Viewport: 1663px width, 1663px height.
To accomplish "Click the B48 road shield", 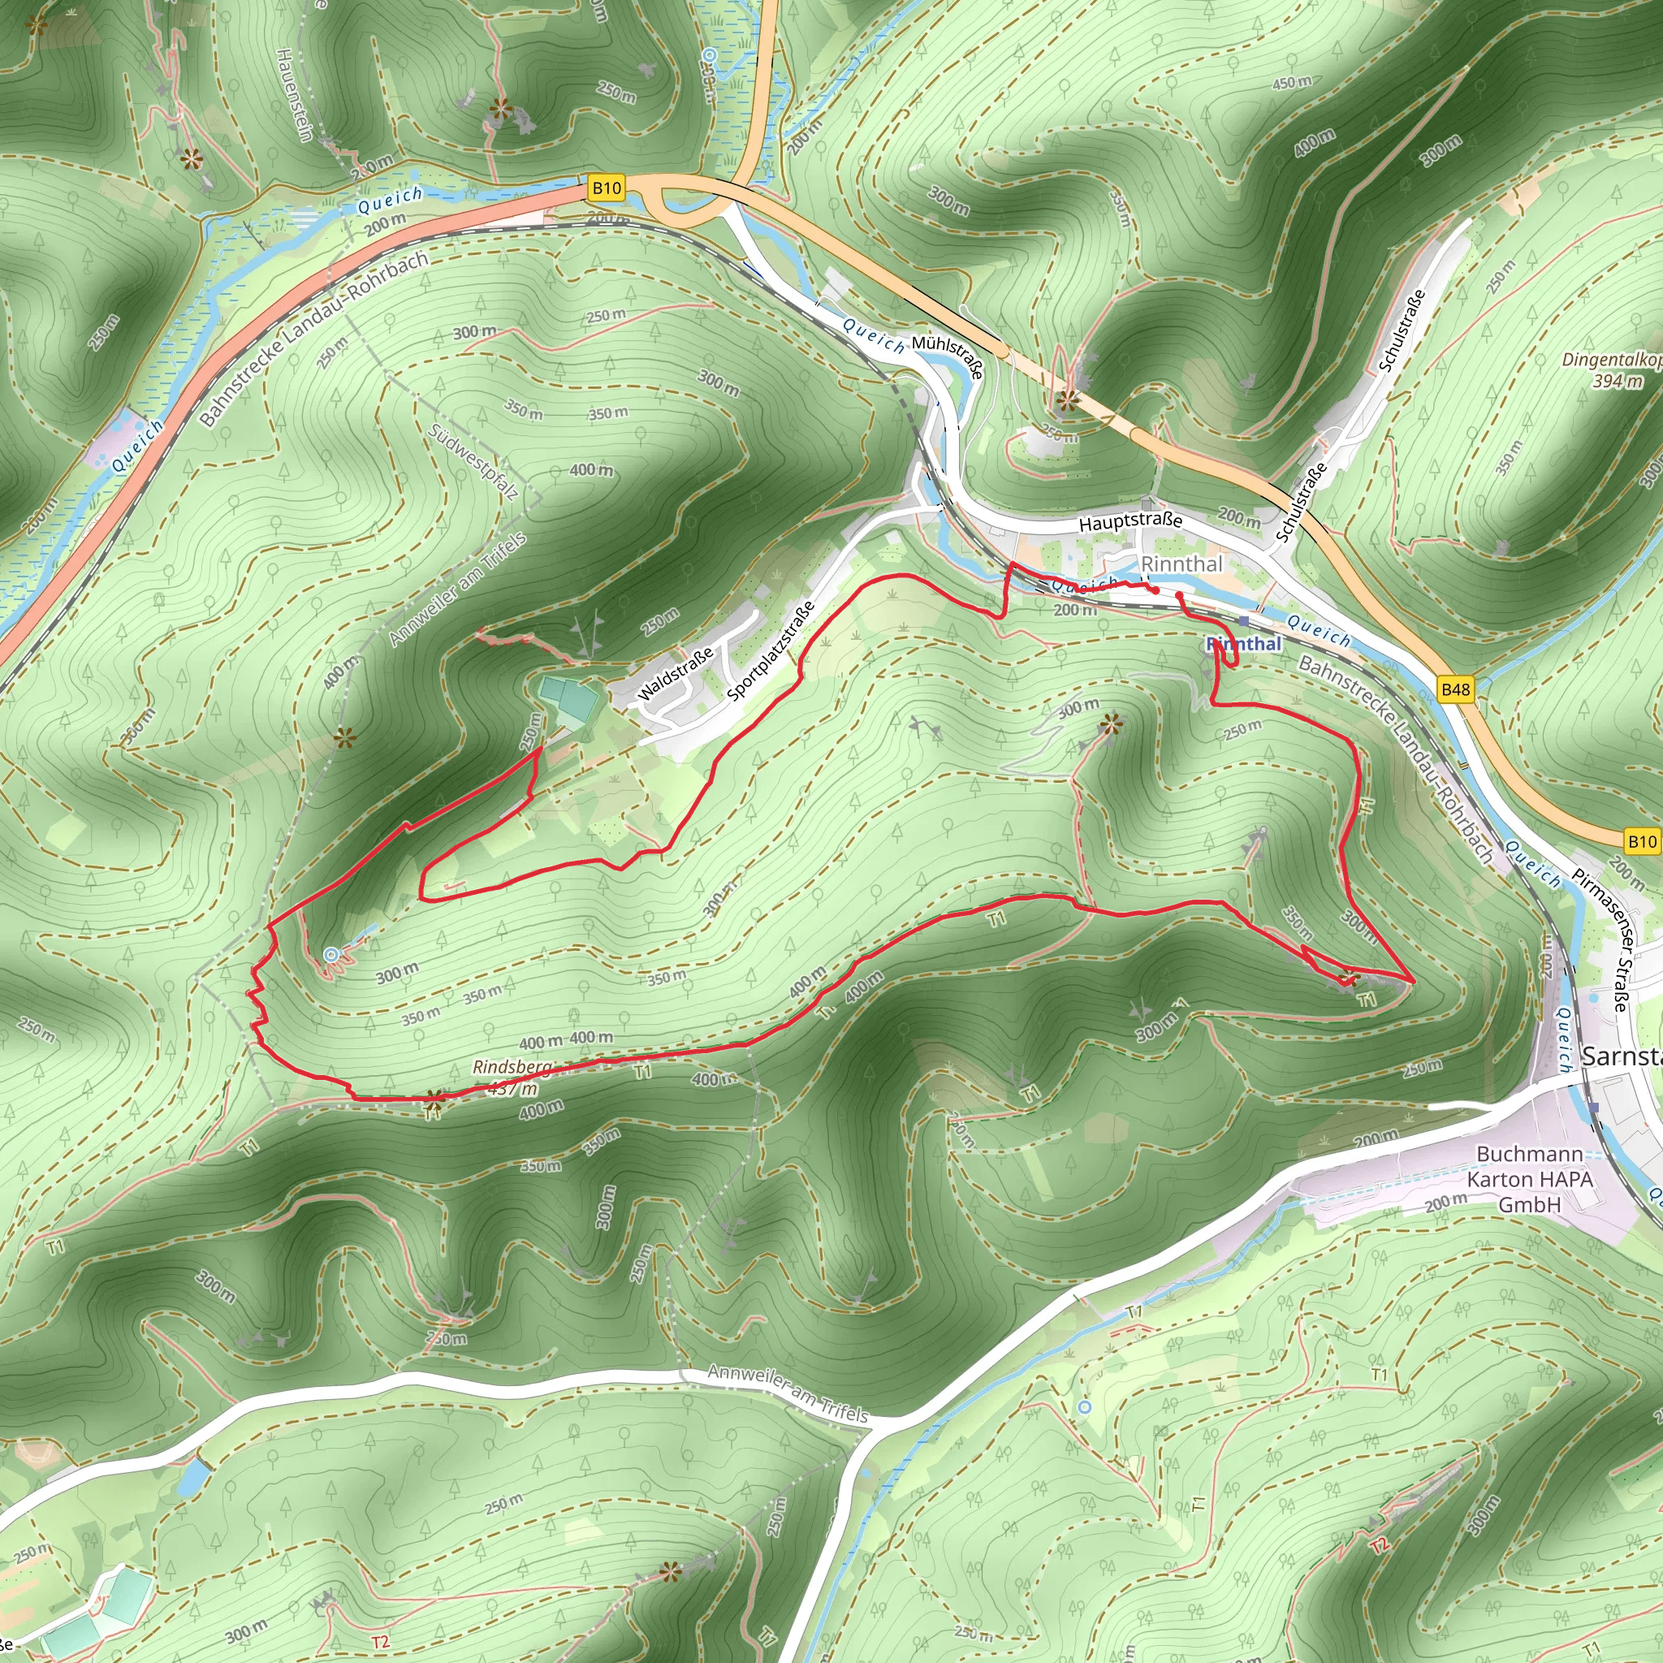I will pyautogui.click(x=1456, y=689).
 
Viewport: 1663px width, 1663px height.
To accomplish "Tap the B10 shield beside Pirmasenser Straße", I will pyautogui.click(x=1640, y=841).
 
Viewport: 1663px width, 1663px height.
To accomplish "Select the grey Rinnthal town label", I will pyautogui.click(x=1181, y=564).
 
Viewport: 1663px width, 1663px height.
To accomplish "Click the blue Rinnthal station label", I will pyautogui.click(x=1244, y=644).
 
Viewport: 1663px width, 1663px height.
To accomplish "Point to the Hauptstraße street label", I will pyautogui.click(x=1130, y=521).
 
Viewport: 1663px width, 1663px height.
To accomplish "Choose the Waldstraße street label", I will pyautogui.click(x=676, y=674).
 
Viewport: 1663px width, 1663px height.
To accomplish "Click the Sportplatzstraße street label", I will pyautogui.click(x=771, y=650).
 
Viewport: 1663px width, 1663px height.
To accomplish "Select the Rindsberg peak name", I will pyautogui.click(x=512, y=1067).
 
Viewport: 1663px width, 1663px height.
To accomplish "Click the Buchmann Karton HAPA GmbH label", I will pyautogui.click(x=1530, y=1178).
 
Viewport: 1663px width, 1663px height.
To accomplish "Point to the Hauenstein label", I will pyautogui.click(x=293, y=94).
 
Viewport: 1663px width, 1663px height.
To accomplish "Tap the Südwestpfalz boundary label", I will pyautogui.click(x=473, y=462).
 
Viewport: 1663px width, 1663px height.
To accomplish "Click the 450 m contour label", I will pyautogui.click(x=1292, y=83).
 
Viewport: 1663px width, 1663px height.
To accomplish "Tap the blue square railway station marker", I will pyautogui.click(x=1243, y=620).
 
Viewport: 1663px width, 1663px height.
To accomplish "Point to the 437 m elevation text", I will pyautogui.click(x=513, y=1089).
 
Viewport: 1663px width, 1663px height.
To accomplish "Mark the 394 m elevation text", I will pyautogui.click(x=1617, y=381).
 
